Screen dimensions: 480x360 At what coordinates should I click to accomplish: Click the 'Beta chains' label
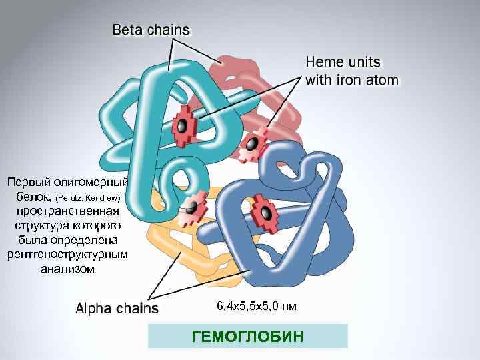coord(151,29)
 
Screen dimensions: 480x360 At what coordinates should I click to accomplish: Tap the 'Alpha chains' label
coord(117,308)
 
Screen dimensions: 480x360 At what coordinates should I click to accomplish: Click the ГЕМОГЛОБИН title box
coord(247,336)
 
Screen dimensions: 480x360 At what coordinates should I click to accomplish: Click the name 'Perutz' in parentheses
coord(71,199)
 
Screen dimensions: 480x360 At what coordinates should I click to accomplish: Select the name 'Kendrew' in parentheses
coord(103,199)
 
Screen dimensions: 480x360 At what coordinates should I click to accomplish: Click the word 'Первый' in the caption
coord(26,182)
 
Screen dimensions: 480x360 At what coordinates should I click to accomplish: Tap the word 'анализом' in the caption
coord(67,269)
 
